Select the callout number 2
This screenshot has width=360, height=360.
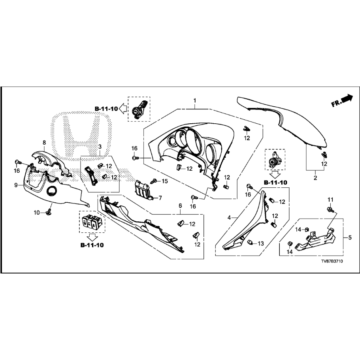(315, 178)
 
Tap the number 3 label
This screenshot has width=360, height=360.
(100, 147)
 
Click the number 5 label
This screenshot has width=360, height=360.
(350, 237)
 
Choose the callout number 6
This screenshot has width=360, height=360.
(180, 206)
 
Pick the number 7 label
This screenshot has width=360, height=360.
(160, 198)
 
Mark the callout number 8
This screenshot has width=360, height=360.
(44, 142)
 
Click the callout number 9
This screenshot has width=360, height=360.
(16, 185)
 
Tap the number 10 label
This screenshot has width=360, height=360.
(36, 213)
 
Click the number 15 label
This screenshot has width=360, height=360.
(165, 181)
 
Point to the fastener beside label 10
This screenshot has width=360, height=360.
(49, 213)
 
